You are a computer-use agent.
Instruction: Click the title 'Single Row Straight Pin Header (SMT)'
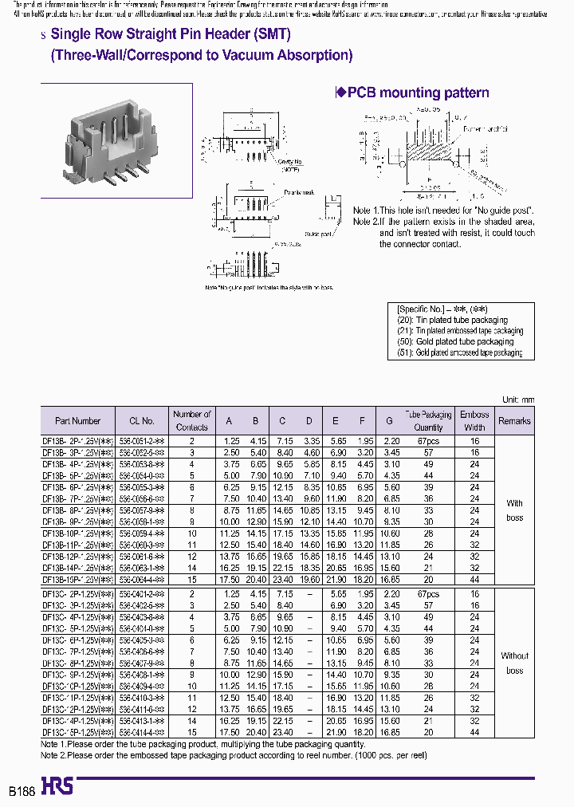(x=171, y=34)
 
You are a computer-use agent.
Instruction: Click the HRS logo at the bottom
(x=56, y=786)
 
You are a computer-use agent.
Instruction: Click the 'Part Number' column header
(x=78, y=421)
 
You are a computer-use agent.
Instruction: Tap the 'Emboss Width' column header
(x=474, y=421)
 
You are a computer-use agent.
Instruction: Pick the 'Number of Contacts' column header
(x=191, y=420)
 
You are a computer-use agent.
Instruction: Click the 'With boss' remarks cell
(x=515, y=510)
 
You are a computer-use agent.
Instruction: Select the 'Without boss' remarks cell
(x=514, y=663)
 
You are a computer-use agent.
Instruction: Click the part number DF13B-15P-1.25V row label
(x=78, y=581)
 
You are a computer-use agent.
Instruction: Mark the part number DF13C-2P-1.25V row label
(x=78, y=595)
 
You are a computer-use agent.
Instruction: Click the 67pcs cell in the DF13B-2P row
(x=428, y=439)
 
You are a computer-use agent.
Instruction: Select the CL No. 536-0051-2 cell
(x=141, y=439)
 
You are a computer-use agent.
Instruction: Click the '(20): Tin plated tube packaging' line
(x=452, y=320)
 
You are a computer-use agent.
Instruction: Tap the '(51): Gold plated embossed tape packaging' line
(x=460, y=352)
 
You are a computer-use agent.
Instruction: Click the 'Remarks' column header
(x=514, y=421)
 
